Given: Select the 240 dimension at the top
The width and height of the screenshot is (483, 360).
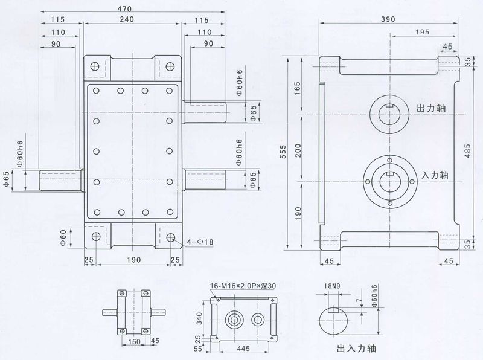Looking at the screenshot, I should (x=126, y=19).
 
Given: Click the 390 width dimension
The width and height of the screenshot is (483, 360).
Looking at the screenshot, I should (x=389, y=19).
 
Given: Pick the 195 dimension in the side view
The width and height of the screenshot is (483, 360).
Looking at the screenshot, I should (x=423, y=31).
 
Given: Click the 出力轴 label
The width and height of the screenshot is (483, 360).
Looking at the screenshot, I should (x=432, y=108).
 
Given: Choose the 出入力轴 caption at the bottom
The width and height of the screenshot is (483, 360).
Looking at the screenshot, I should (x=355, y=349).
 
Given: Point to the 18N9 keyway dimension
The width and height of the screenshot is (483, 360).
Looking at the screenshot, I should (x=331, y=286).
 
